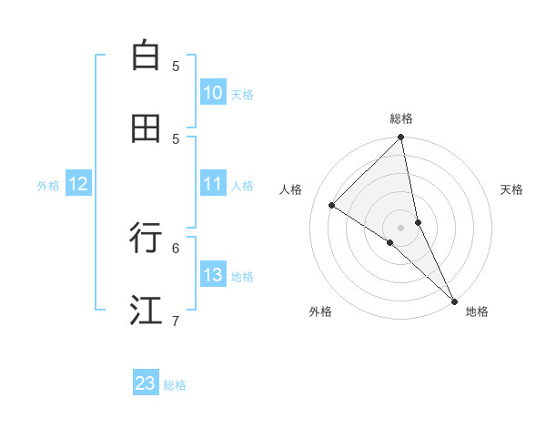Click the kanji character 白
pyautogui.click(x=146, y=56)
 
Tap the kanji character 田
pyautogui.click(x=146, y=128)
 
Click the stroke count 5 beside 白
pyautogui.click(x=176, y=66)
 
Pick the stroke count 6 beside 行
pyautogui.click(x=176, y=247)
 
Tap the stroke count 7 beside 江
pyautogui.click(x=176, y=321)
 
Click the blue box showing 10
pyautogui.click(x=213, y=93)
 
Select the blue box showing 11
pyautogui.click(x=213, y=184)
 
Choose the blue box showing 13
pyautogui.click(x=213, y=275)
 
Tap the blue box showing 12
pyautogui.click(x=78, y=184)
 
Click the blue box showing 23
pyautogui.click(x=146, y=383)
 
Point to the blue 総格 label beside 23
pyautogui.click(x=175, y=385)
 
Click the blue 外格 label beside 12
pyautogui.click(x=48, y=186)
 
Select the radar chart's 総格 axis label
pyautogui.click(x=401, y=118)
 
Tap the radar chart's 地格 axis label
pyautogui.click(x=477, y=311)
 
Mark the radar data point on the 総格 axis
pyautogui.click(x=401, y=138)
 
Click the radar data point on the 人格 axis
pyautogui.click(x=332, y=206)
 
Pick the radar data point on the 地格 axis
pyautogui.click(x=454, y=300)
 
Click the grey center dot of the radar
pyautogui.click(x=401, y=227)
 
